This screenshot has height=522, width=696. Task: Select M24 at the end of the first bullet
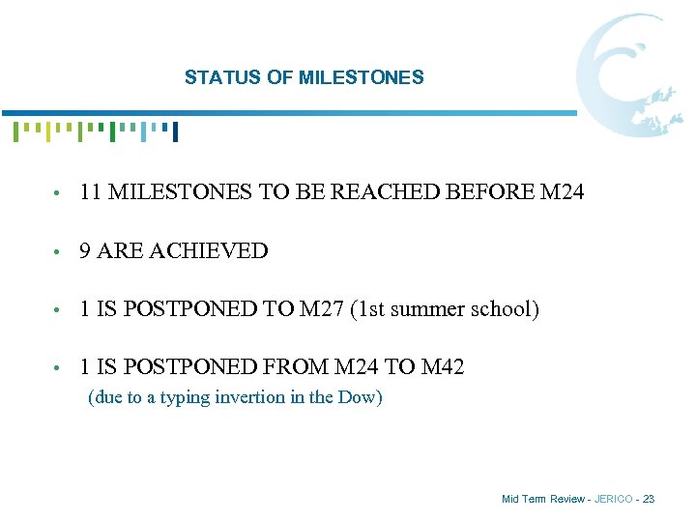tap(562, 192)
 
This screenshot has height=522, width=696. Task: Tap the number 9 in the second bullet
tap(86, 251)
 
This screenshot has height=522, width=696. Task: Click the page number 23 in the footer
tap(648, 499)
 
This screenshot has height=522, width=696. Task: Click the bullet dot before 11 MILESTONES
tap(61, 194)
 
